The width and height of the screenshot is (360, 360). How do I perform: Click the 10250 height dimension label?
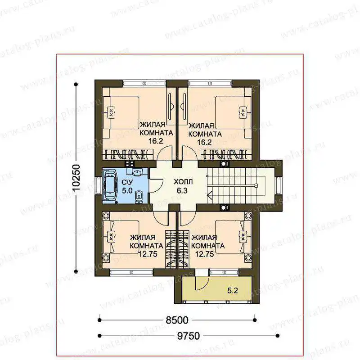pyautogui.click(x=76, y=178)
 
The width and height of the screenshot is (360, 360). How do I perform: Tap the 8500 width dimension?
pyautogui.click(x=177, y=320)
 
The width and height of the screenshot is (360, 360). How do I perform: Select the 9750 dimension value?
pyautogui.click(x=189, y=336)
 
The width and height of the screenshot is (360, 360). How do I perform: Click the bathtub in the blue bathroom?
pyautogui.click(x=110, y=186)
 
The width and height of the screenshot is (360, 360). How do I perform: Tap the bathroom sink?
pyautogui.click(x=137, y=172)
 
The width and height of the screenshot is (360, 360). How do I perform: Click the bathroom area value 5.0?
pyautogui.click(x=127, y=190)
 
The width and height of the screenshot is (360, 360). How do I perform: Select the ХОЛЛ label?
pyautogui.click(x=183, y=182)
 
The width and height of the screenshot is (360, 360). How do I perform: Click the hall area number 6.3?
pyautogui.click(x=182, y=190)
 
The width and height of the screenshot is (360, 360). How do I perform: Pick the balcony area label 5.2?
pyautogui.click(x=233, y=291)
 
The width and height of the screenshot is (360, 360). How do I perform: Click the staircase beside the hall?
pyautogui.click(x=237, y=185)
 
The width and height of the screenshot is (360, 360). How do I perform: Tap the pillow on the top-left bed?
pyautogui.click(x=111, y=112)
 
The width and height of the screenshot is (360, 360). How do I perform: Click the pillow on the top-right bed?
pyautogui.click(x=243, y=112)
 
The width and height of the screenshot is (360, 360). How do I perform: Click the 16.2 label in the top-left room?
pyautogui.click(x=156, y=141)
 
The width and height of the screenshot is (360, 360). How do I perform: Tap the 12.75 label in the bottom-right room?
pyautogui.click(x=205, y=254)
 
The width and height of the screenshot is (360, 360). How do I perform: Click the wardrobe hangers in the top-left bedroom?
pyautogui.click(x=129, y=154)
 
